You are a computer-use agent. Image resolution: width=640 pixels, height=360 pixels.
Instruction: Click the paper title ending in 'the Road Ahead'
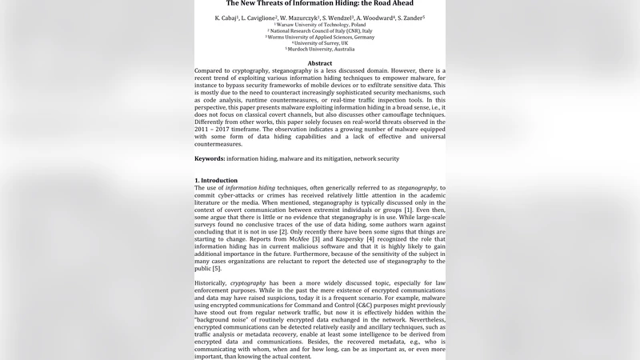click(x=320, y=3)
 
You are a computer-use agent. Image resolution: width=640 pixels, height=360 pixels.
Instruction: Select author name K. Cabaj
click(x=227, y=17)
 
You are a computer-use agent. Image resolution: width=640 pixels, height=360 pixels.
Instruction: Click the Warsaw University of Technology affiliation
click(x=320, y=25)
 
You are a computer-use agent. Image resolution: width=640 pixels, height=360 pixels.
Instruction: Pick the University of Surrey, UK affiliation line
click(x=320, y=42)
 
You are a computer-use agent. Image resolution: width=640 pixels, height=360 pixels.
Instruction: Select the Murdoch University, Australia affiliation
click(x=320, y=49)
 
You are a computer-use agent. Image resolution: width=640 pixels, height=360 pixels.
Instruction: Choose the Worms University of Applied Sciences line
click(x=320, y=37)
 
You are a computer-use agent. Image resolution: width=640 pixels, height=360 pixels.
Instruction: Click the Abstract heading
click(x=320, y=63)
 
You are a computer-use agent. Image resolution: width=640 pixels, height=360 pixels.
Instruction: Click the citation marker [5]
click(x=216, y=268)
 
